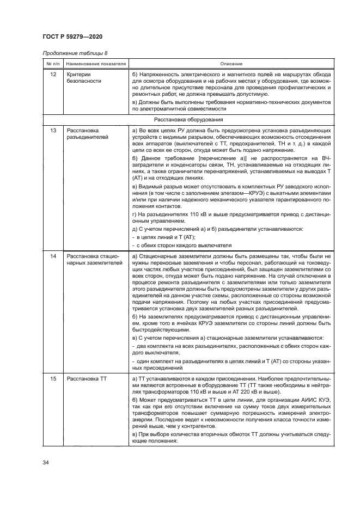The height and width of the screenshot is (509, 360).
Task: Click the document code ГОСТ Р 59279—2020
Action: click(72, 36)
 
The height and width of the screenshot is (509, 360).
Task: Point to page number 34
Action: click(46, 463)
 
